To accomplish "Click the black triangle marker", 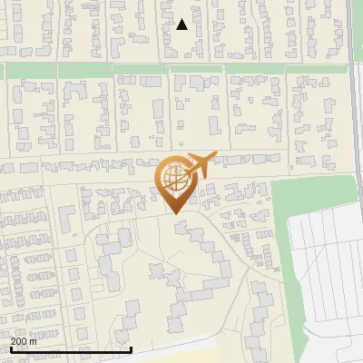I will pos(181,25).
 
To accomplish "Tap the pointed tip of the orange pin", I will pos(175,213).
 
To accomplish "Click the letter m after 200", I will pos(33,341).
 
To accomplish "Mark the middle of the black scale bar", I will pos(71,349).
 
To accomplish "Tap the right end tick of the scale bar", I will pos(132,348).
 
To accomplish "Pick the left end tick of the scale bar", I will pos(9,348).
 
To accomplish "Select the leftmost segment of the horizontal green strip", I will pos(27,70).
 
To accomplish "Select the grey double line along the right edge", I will pos(353,36).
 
